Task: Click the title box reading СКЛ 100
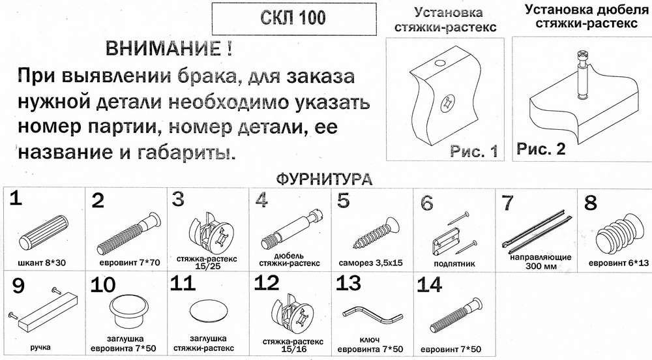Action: pyautogui.click(x=295, y=19)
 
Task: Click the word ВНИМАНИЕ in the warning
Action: pyautogui.click(x=164, y=49)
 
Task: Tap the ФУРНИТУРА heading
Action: pyautogui.click(x=324, y=179)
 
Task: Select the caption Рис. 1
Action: pyautogui.click(x=474, y=151)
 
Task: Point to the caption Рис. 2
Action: pyautogui.click(x=541, y=149)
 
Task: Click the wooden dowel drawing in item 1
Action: pyautogui.click(x=43, y=233)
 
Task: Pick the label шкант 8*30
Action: pyautogui.click(x=42, y=263)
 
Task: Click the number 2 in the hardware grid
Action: pyautogui.click(x=98, y=201)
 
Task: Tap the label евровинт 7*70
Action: pyautogui.click(x=130, y=263)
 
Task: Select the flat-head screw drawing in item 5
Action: pyautogui.click(x=376, y=233)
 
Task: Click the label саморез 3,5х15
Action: pyautogui.click(x=370, y=263)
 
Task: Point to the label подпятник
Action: pyautogui.click(x=454, y=263)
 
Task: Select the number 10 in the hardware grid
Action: pyautogui.click(x=103, y=285)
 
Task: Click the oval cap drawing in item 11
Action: pyautogui.click(x=209, y=311)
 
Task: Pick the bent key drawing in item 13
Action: pyautogui.click(x=374, y=315)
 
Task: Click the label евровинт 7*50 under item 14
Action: pyautogui.click(x=451, y=348)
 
